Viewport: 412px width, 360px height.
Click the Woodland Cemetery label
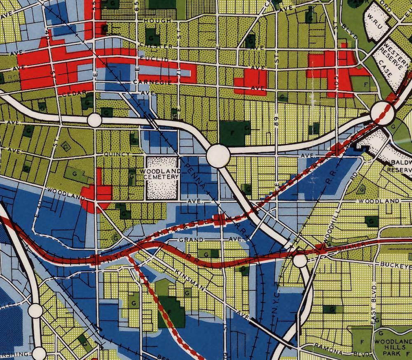tap(162, 173)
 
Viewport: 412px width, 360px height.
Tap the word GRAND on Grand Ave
tap(191, 239)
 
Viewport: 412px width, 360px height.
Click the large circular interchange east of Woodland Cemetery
tap(218, 155)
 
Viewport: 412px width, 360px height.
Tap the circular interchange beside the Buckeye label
tap(300, 260)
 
